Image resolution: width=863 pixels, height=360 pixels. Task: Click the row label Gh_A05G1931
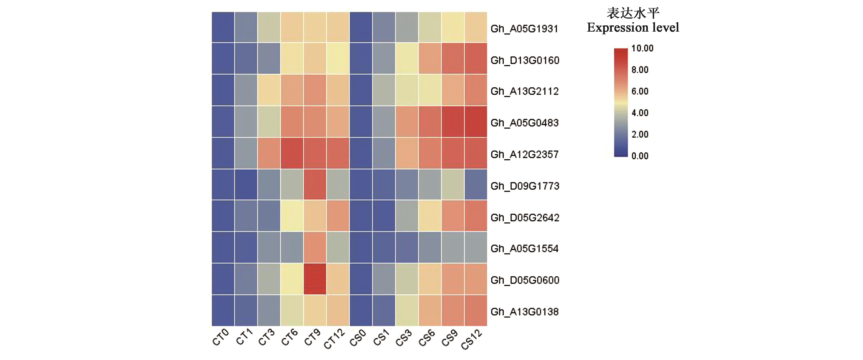coord(524,29)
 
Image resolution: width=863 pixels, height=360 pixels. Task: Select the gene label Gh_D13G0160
coord(525,60)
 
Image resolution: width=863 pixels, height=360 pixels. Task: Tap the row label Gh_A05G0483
coord(524,123)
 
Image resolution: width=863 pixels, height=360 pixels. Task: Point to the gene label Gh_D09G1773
coord(525,186)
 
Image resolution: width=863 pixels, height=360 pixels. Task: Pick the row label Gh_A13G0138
coord(524,312)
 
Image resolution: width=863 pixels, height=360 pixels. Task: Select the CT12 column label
coord(334,339)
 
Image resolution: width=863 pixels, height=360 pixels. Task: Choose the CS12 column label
coord(472,339)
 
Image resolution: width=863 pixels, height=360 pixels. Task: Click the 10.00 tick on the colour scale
coord(642,48)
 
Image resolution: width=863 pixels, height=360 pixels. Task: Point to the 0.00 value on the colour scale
coord(640,156)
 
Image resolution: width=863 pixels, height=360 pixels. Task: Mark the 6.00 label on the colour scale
coord(640,91)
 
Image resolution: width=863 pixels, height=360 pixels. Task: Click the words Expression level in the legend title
coord(633,28)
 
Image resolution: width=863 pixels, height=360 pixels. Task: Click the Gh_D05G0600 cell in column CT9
coord(314,279)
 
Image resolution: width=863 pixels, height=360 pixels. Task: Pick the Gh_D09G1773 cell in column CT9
coord(314,184)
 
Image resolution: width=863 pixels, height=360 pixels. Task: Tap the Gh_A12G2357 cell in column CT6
coord(292,153)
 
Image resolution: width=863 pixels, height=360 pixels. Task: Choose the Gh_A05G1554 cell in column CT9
coord(314,247)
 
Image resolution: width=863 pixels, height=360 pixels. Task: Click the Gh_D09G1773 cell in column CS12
coord(475,184)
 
